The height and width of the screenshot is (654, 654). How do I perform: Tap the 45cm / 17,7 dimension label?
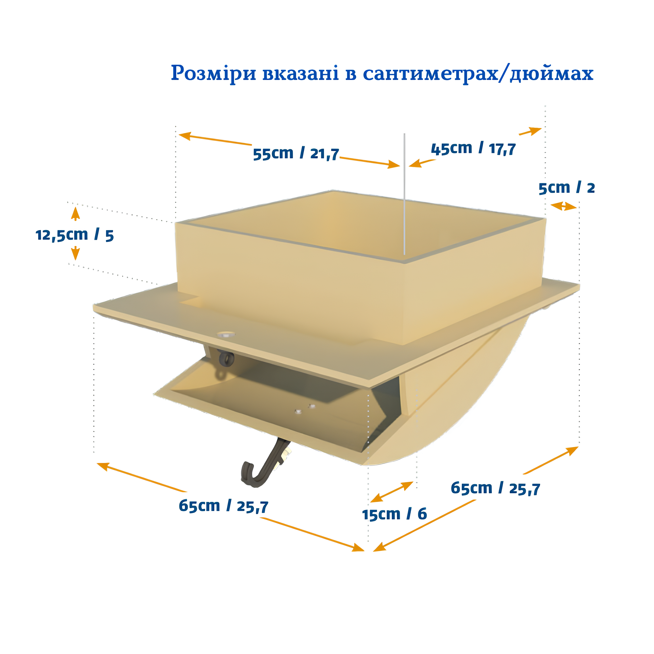pyautogui.click(x=473, y=149)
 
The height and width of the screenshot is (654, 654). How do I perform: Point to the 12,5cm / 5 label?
pyautogui.click(x=74, y=235)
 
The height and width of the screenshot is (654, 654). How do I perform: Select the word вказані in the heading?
pyautogui.click(x=301, y=73)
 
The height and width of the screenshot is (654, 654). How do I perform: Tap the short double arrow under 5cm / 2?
pyautogui.click(x=563, y=206)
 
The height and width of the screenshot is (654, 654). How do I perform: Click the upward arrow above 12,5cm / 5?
pyautogui.click(x=75, y=214)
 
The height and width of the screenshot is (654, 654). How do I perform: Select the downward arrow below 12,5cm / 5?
pyautogui.click(x=75, y=253)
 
